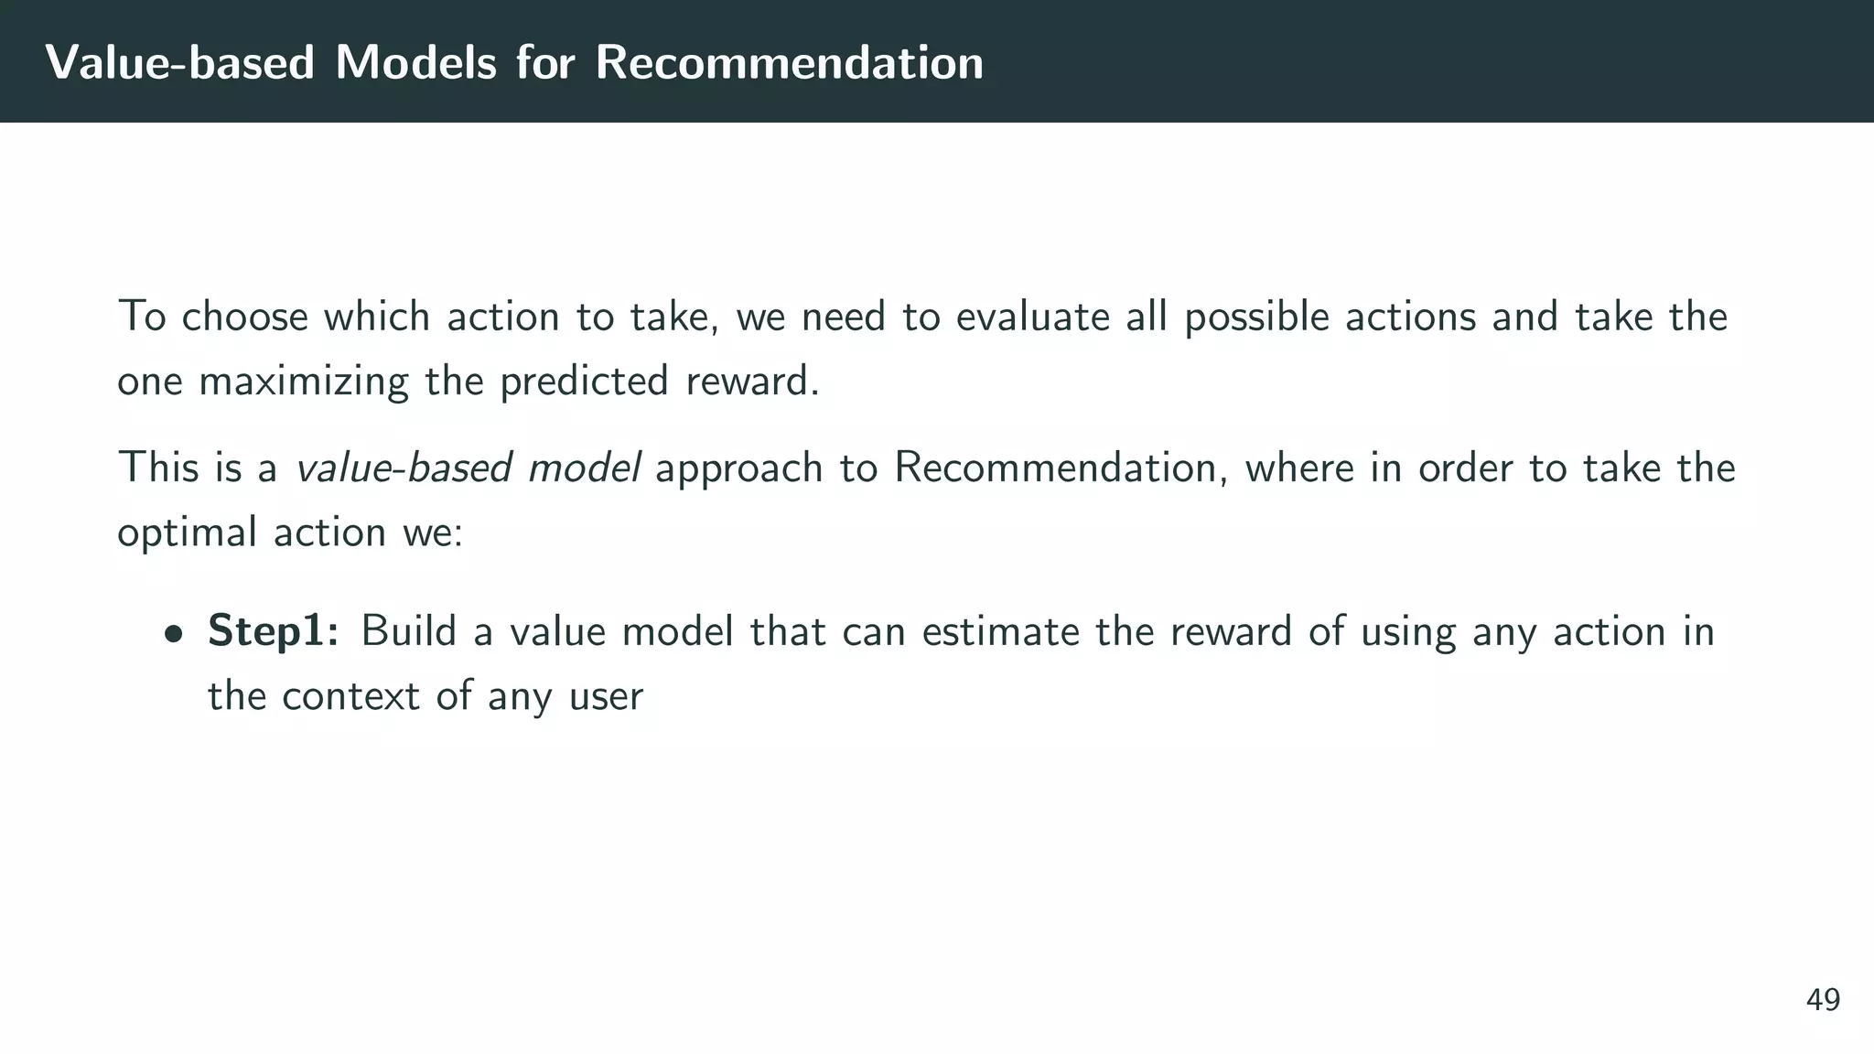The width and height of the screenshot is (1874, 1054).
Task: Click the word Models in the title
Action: pyautogui.click(x=415, y=62)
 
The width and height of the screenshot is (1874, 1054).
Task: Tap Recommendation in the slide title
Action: pyautogui.click(x=789, y=62)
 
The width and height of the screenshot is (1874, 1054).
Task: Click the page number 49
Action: pyautogui.click(x=1823, y=1000)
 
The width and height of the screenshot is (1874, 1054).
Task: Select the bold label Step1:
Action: pyautogui.click(x=274, y=631)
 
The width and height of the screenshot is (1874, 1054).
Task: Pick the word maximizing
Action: pyautogui.click(x=303, y=381)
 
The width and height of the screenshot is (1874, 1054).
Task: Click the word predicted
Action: pyautogui.click(x=584, y=381)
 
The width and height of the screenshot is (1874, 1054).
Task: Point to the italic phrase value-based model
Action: pyautogui.click(x=468, y=468)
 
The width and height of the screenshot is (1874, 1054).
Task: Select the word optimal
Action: pyautogui.click(x=187, y=532)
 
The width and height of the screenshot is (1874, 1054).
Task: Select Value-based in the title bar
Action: pyautogui.click(x=180, y=62)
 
